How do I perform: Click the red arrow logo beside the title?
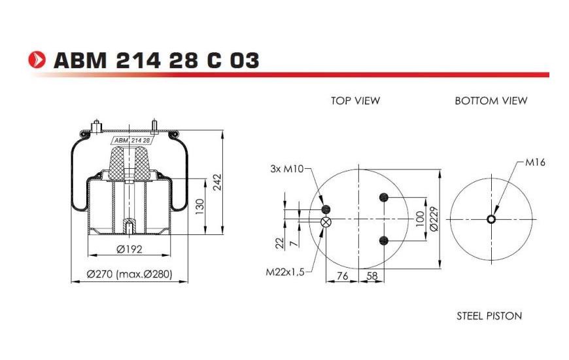(x=37, y=60)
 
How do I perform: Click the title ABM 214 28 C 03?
(x=156, y=60)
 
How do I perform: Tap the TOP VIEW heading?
(x=355, y=101)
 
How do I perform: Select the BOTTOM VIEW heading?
(x=491, y=101)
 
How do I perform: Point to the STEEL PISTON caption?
(x=489, y=316)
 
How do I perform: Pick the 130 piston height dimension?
(x=200, y=206)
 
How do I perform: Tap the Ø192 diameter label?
(x=129, y=249)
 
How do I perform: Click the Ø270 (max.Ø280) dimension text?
(x=129, y=274)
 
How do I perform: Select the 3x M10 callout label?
(x=286, y=169)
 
